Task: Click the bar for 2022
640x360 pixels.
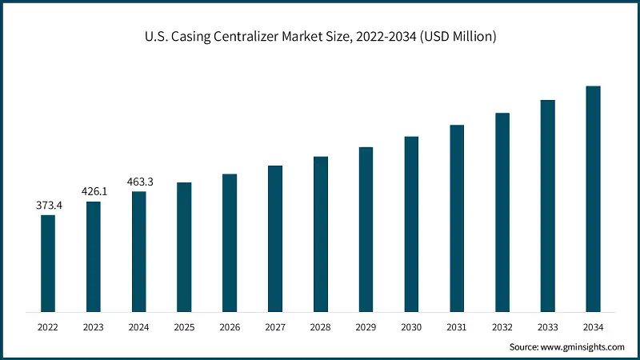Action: tap(48, 262)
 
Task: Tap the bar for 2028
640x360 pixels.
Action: tap(320, 234)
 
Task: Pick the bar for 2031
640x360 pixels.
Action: tap(457, 218)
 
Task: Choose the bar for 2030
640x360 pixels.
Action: tap(411, 223)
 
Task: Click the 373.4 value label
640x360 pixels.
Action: tap(49, 206)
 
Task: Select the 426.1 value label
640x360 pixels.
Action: tap(94, 192)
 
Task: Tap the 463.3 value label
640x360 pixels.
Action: tap(140, 182)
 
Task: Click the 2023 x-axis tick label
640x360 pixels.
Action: tap(94, 327)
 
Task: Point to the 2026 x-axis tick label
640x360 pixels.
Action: tap(230, 327)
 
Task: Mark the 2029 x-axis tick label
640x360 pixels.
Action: tap(366, 327)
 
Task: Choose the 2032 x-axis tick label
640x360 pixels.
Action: tap(502, 327)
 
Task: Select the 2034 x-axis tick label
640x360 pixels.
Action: tap(593, 327)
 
